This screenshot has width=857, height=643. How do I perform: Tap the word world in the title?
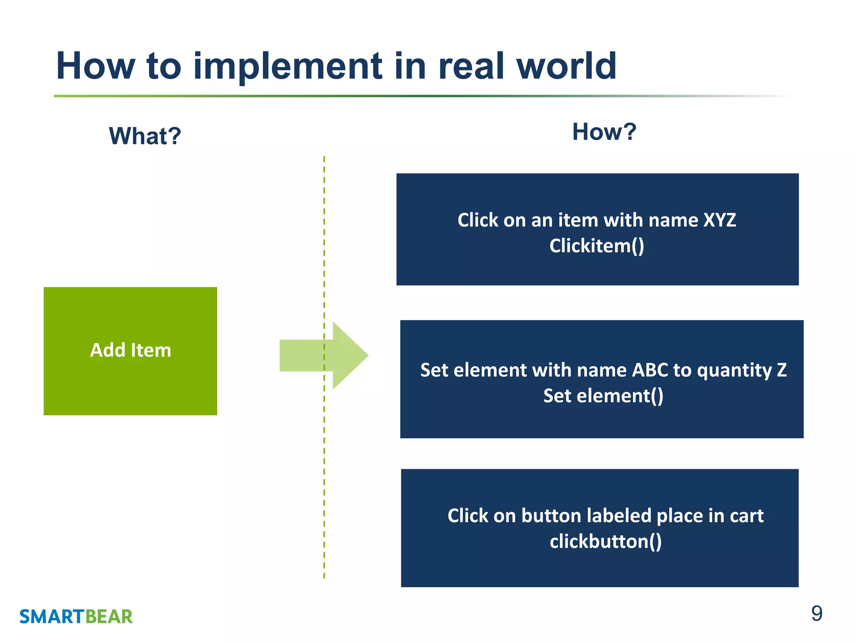click(566, 66)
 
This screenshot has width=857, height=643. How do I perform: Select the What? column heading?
click(145, 136)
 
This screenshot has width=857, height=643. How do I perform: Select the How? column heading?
click(604, 132)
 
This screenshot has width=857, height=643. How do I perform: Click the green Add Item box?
click(130, 351)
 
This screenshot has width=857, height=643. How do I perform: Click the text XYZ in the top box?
click(719, 220)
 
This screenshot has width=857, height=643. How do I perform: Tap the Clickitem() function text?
click(597, 246)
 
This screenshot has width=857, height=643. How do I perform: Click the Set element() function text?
click(603, 396)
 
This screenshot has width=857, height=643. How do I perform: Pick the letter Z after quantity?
click(781, 370)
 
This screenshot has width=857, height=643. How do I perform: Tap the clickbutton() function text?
click(606, 541)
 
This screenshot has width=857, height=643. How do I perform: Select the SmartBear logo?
click(76, 617)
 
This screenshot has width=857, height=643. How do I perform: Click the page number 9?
click(816, 614)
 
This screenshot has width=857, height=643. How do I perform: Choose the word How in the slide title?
click(96, 66)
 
